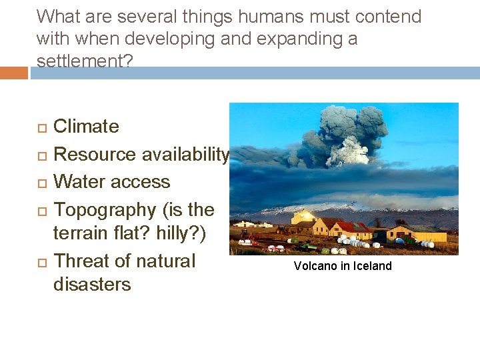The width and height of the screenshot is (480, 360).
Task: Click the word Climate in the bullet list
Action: (x=86, y=127)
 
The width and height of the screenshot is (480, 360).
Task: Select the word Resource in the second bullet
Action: (x=93, y=155)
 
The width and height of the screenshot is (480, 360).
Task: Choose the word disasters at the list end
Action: (x=92, y=285)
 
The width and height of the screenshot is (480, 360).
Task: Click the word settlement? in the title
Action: (x=85, y=61)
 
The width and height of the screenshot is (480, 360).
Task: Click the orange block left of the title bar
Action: (x=14, y=73)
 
